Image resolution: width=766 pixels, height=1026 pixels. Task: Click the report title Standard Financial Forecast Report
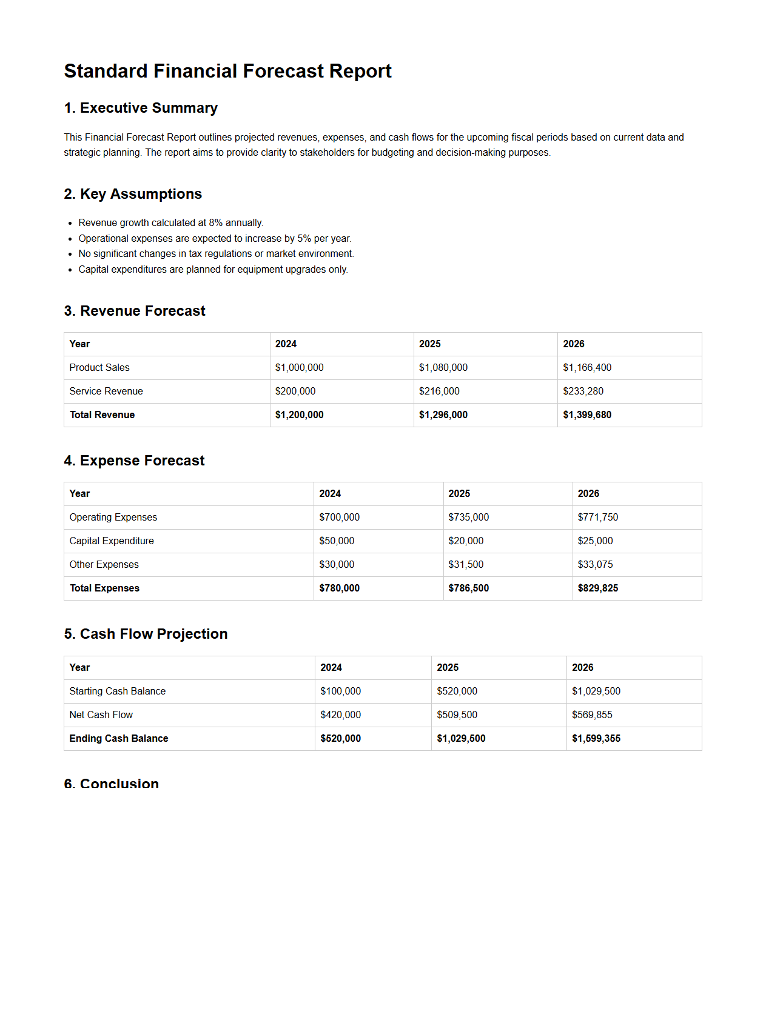[x=227, y=71]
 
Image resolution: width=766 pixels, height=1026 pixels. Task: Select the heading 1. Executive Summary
[x=141, y=108]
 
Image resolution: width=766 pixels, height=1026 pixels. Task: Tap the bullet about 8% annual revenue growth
[x=170, y=223]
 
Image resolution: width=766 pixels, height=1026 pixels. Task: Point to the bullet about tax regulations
[x=216, y=254]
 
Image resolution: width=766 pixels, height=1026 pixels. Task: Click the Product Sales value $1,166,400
[x=586, y=368]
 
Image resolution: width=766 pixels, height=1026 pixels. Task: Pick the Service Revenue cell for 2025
[x=439, y=391]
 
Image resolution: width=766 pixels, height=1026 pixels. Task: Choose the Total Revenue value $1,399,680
[x=586, y=415]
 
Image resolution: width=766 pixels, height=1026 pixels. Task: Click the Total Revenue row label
[x=102, y=415]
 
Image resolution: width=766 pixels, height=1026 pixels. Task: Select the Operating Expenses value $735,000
[x=468, y=518]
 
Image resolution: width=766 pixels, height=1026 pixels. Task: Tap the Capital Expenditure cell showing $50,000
[x=337, y=541]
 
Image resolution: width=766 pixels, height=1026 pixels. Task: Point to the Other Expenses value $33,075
[x=595, y=565]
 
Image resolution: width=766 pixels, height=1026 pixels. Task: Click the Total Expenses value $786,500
[x=468, y=588]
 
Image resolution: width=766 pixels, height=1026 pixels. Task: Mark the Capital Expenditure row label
[x=112, y=541]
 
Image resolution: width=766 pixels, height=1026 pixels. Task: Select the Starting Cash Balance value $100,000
[x=340, y=691]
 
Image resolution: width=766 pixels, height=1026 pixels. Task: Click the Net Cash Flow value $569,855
[x=592, y=715]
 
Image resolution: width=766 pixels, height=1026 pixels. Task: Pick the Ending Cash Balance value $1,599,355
[x=596, y=739]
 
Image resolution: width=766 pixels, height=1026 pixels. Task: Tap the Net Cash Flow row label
[x=101, y=715]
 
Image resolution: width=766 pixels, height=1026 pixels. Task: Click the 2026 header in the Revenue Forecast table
[x=573, y=344]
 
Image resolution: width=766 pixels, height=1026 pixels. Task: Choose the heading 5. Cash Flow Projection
[x=146, y=634]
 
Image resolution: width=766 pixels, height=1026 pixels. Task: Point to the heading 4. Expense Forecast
[x=134, y=461]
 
